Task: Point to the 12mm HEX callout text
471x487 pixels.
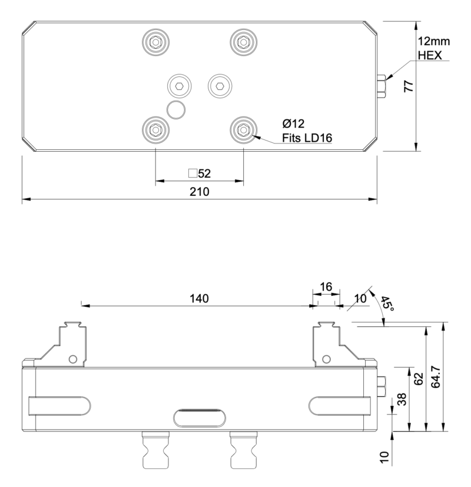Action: tap(433, 49)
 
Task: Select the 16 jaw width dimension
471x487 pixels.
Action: tap(326, 287)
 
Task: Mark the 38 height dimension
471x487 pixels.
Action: tap(402, 400)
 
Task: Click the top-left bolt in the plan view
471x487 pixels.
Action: tap(155, 41)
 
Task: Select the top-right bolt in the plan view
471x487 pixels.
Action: tap(243, 41)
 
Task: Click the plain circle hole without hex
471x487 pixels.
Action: tap(176, 109)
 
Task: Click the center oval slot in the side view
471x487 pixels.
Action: tap(200, 418)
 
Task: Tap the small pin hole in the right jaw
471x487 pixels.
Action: tap(328, 359)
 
